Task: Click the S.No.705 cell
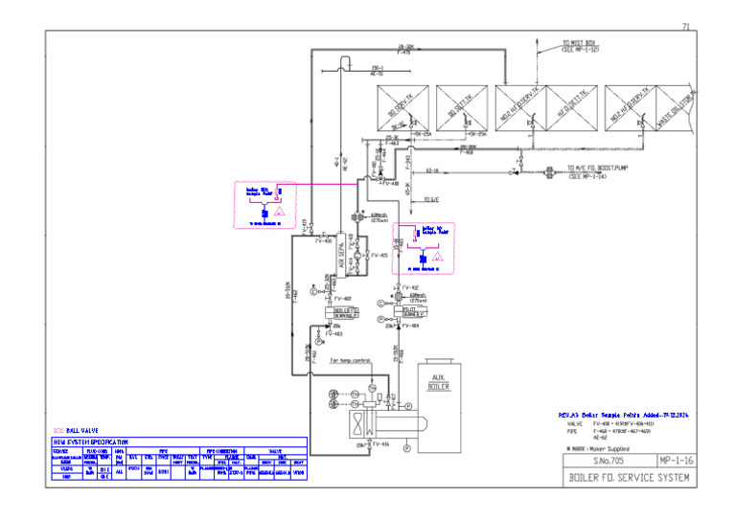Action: pyautogui.click(x=608, y=461)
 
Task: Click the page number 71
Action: pyautogui.click(x=685, y=25)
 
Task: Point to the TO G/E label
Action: pyautogui.click(x=430, y=199)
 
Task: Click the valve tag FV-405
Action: pyautogui.click(x=379, y=256)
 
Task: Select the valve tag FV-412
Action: pyautogui.click(x=410, y=287)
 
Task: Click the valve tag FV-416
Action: pyautogui.click(x=379, y=445)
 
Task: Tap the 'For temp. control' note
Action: pyautogui.click(x=350, y=360)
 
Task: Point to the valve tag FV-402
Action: pyautogui.click(x=342, y=299)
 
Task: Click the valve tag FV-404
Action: pyautogui.click(x=410, y=326)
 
